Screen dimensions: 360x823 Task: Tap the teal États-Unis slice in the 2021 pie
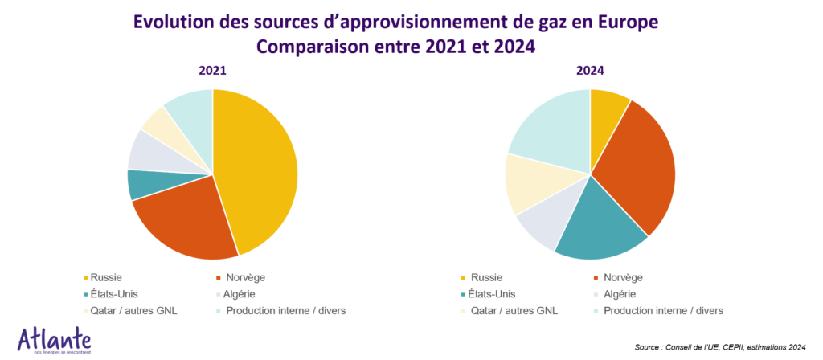(141, 184)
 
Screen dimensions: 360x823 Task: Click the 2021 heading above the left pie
(212, 71)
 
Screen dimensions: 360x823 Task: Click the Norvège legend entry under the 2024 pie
(627, 278)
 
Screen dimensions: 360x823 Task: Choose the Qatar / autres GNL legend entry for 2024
(514, 310)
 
